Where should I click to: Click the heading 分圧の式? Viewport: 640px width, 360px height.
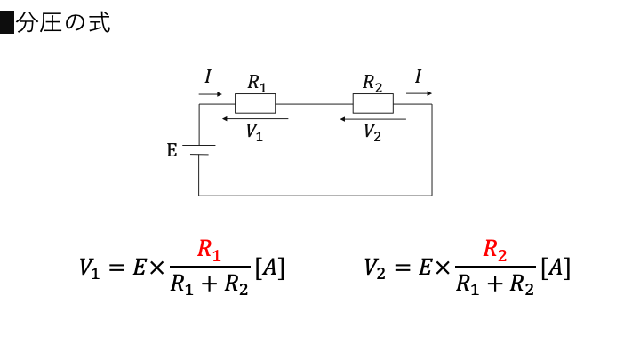63,22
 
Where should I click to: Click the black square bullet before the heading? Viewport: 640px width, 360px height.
7,22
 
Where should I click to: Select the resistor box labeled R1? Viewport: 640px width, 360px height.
255,103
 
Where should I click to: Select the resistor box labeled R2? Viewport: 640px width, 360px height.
373,103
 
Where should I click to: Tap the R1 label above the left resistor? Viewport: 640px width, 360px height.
257,83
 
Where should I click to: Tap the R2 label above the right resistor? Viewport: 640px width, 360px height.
372,83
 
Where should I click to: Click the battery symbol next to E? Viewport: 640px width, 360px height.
199,150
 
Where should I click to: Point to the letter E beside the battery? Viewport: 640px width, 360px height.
172,150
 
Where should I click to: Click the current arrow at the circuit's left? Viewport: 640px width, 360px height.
210,94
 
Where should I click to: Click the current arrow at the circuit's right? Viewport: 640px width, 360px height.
419,93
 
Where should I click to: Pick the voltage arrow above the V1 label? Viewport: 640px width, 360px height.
255,119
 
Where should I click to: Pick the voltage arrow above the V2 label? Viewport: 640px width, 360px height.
373,119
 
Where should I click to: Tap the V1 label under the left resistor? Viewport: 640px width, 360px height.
254,132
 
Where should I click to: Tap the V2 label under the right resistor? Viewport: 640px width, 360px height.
372,132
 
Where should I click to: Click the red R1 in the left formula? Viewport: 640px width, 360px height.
209,250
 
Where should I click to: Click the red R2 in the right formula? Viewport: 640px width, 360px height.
495,250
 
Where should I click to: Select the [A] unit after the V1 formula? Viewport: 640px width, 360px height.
269,268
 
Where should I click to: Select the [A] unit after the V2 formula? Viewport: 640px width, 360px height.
556,268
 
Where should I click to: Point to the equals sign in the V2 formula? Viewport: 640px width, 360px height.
402,268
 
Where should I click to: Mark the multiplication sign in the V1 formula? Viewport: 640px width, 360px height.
156,268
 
